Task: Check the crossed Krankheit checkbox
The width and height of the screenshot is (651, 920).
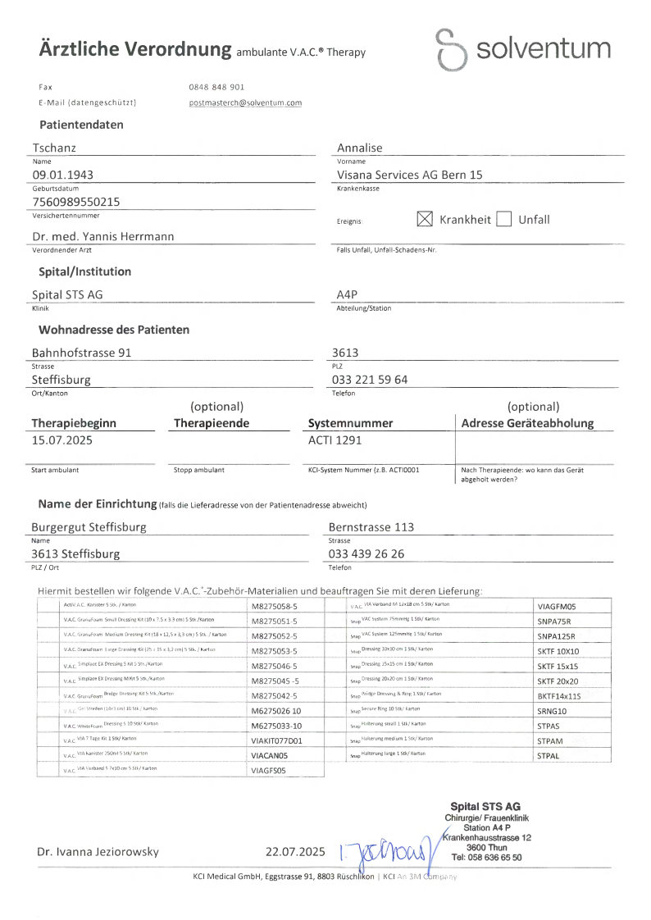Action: coord(424,219)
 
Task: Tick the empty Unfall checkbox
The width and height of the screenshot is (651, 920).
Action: coord(504,219)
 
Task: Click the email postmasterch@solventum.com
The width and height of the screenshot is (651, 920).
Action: coord(245,103)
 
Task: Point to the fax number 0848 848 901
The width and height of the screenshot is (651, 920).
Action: coord(216,86)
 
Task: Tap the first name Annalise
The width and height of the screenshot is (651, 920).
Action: coord(360,148)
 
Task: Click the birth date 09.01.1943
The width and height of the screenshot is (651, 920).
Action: coord(62,174)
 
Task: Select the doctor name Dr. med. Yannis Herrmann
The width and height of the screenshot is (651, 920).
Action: coord(102,236)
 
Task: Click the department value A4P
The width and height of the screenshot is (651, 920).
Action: coord(348,294)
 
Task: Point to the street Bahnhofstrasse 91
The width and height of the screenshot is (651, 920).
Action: coord(81,353)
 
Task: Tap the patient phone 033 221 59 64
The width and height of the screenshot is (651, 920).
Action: coord(370,380)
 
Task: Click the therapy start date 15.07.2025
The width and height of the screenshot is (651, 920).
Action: coord(62,440)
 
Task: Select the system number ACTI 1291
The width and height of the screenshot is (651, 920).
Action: coord(335,440)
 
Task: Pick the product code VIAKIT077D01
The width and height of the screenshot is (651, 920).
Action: coord(277,740)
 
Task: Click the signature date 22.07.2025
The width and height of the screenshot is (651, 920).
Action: coord(296,852)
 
